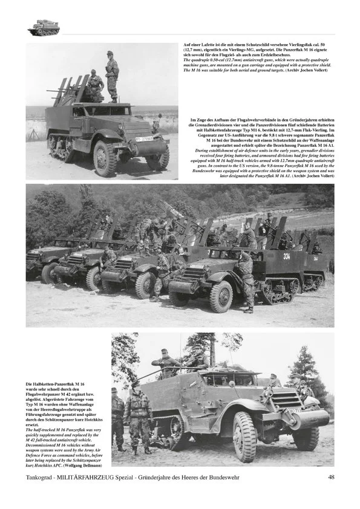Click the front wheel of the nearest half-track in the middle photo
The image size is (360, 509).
(221, 296)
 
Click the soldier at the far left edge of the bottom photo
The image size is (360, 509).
(117, 417)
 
